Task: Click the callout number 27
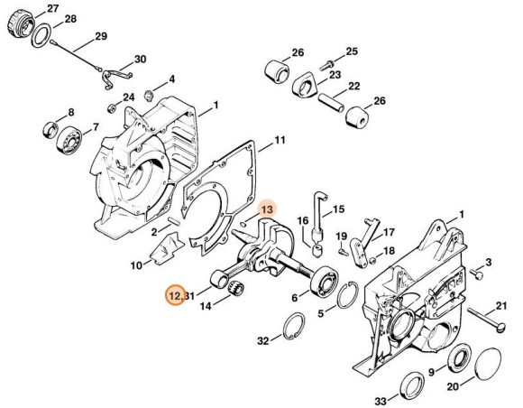[52, 9]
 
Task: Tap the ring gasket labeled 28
[41, 35]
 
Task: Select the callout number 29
[101, 36]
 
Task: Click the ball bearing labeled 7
[69, 140]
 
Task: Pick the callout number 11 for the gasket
[280, 140]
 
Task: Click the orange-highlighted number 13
[267, 209]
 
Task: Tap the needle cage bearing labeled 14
[236, 288]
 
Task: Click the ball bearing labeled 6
[325, 281]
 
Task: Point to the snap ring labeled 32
[294, 326]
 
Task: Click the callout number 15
[338, 209]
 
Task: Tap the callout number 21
[500, 306]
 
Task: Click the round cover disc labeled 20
[488, 365]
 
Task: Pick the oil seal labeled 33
[412, 386]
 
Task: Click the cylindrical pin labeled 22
[331, 103]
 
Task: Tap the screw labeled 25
[327, 65]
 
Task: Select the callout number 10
[136, 265]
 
